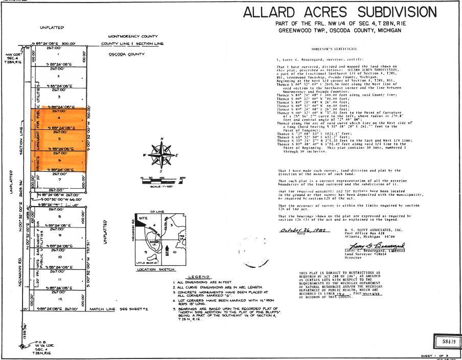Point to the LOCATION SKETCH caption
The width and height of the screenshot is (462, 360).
[153, 268]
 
